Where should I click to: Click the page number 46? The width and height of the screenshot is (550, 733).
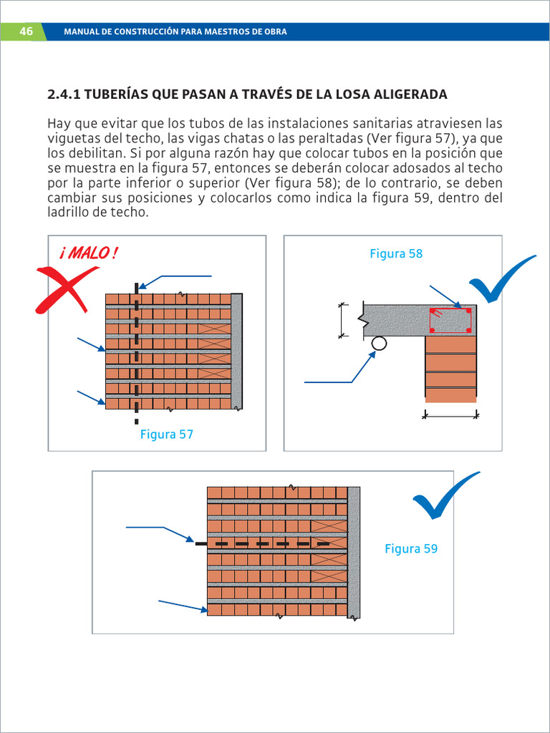(x=26, y=31)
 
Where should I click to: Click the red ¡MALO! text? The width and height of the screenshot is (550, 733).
(x=89, y=253)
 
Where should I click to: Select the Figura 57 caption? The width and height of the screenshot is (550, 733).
(x=166, y=435)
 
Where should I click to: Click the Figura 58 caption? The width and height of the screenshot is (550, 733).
(x=396, y=253)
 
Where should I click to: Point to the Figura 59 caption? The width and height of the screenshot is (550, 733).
(x=410, y=549)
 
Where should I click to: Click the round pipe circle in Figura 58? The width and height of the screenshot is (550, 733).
(x=379, y=344)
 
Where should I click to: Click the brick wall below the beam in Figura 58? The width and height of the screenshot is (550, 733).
(x=450, y=369)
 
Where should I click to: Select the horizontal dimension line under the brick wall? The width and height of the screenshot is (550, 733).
(x=450, y=414)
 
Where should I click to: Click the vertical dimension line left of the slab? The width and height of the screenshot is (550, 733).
(x=342, y=320)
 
